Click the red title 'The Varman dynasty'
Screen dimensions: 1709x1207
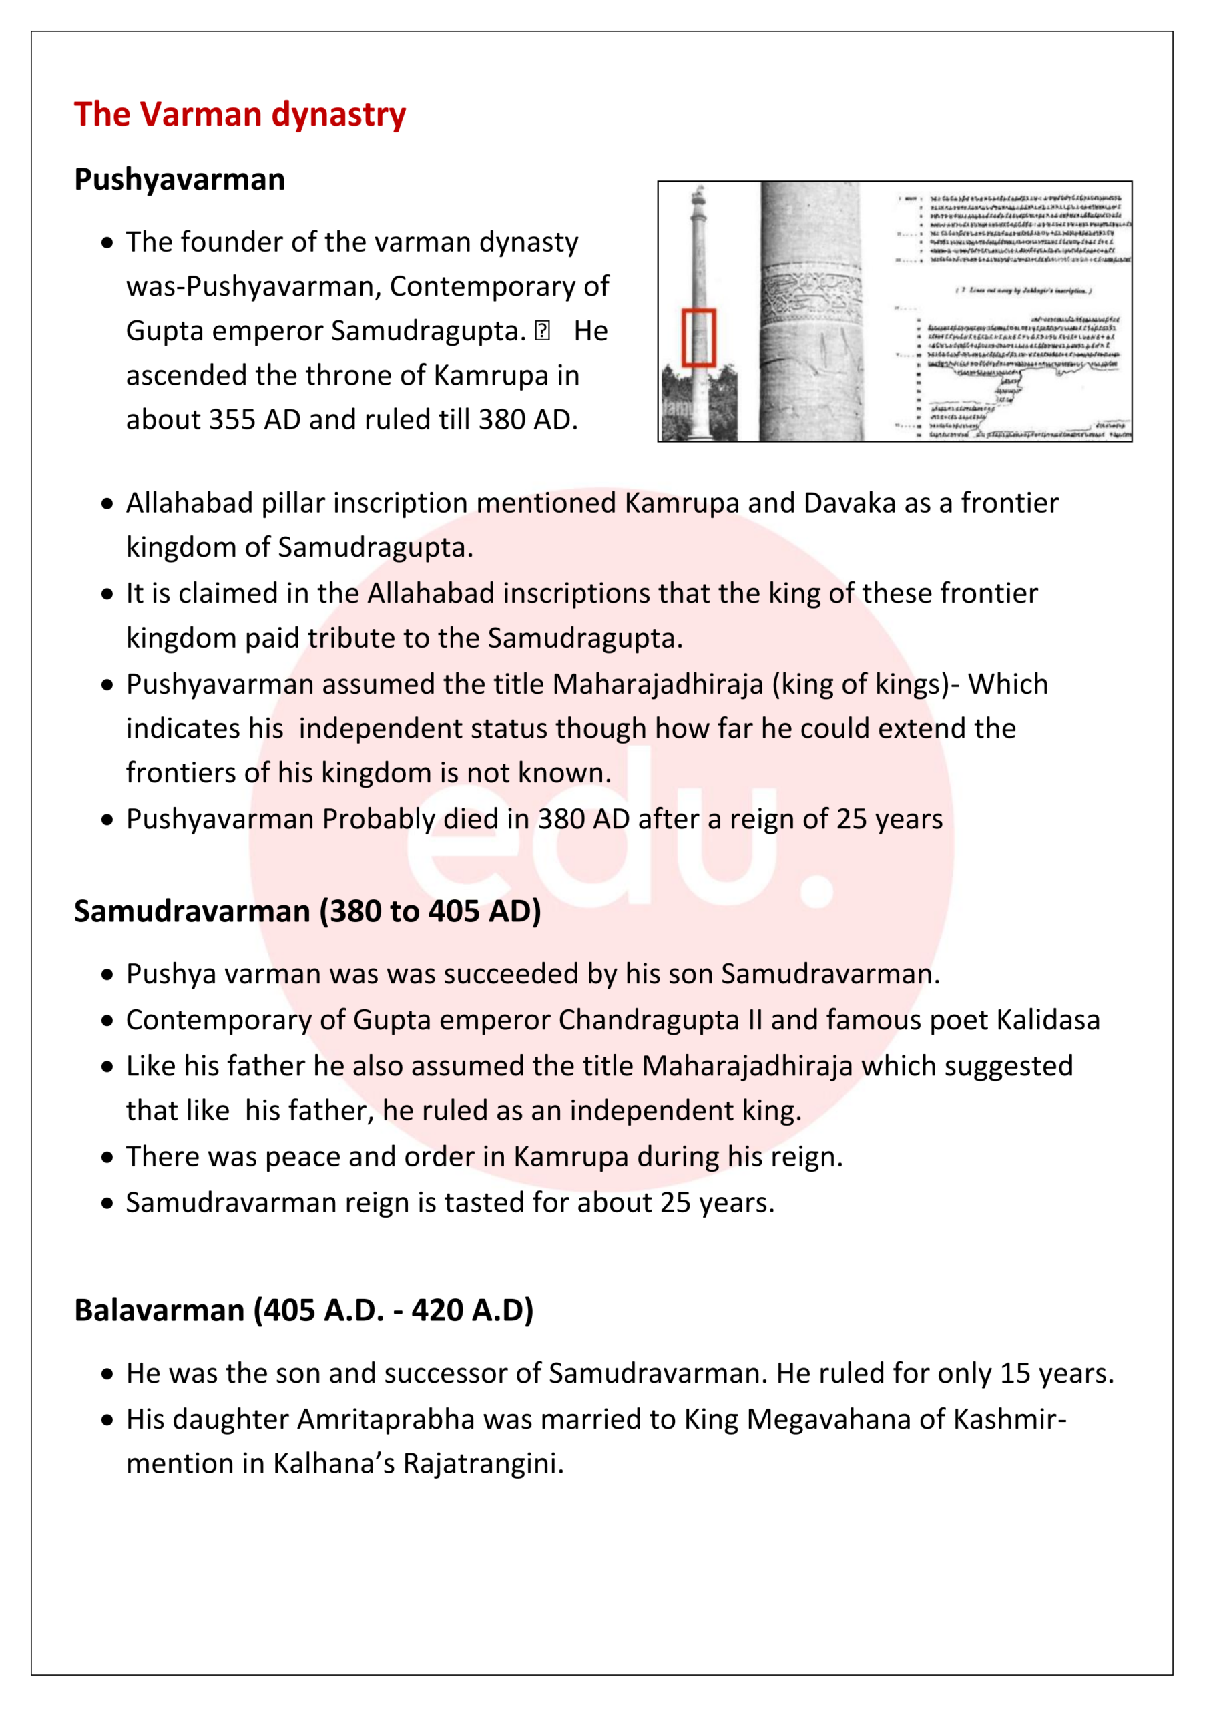[240, 115]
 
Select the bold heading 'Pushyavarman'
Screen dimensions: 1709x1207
[180, 180]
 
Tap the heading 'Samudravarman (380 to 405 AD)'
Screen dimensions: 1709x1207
[307, 911]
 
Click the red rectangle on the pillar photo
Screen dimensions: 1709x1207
[699, 337]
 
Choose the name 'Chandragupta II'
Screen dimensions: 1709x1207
[660, 1020]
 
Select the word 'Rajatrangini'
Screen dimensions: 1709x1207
[483, 1463]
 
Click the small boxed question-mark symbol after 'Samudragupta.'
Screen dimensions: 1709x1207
[543, 330]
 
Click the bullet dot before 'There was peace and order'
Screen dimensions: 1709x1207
[108, 1158]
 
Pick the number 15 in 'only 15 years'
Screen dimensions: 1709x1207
[1015, 1373]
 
